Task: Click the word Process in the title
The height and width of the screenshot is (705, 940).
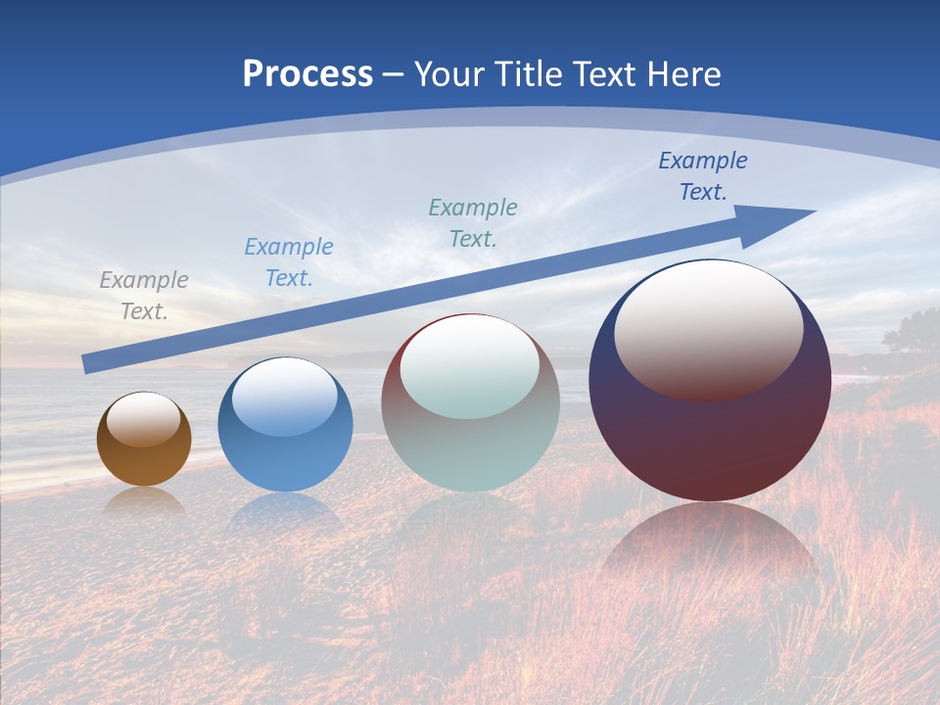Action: [307, 74]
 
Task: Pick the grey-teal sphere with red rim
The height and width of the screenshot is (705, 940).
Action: [470, 450]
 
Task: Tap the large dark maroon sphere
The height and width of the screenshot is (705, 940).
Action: [710, 441]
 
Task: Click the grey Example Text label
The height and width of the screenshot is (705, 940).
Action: [144, 295]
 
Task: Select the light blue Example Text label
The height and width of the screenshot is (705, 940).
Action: [289, 261]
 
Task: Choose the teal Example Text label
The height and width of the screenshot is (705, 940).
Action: [473, 222]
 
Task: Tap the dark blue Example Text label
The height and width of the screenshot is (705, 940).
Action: [703, 175]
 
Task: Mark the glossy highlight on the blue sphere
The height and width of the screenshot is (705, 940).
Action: [285, 398]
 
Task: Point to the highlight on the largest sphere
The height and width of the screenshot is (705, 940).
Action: [709, 328]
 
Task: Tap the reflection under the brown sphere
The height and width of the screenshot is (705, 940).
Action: [144, 501]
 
